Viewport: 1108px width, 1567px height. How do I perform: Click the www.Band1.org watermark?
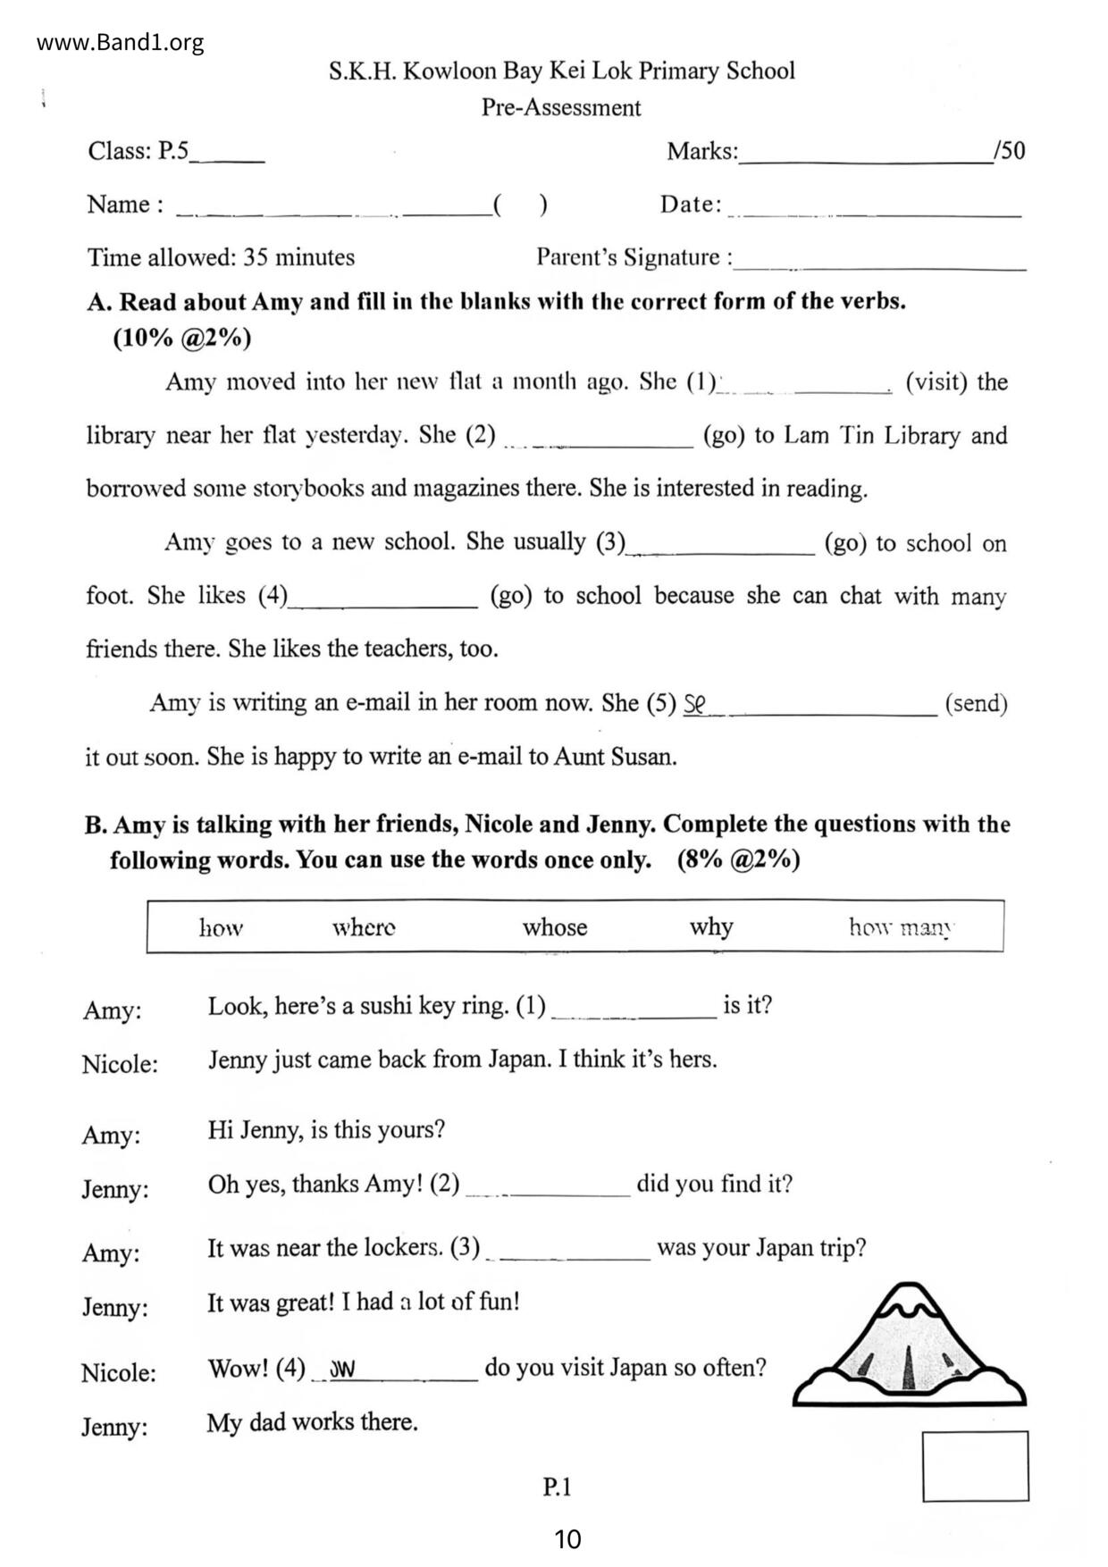click(121, 43)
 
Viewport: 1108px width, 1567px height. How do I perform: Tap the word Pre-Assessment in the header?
click(561, 108)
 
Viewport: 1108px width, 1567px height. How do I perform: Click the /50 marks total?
click(1010, 150)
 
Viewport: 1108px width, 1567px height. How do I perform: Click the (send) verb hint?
click(976, 704)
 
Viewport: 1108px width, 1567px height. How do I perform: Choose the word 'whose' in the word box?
click(555, 927)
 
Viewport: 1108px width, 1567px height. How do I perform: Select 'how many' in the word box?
click(901, 927)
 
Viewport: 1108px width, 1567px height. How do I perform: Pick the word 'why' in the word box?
click(711, 927)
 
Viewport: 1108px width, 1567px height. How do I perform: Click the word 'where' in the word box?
click(364, 927)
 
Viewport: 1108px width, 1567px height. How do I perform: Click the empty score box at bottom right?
click(975, 1466)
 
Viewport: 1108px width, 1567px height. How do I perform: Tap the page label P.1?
click(557, 1487)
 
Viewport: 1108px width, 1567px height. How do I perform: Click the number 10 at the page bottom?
click(567, 1539)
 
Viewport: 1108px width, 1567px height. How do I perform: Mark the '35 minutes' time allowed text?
click(298, 257)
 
